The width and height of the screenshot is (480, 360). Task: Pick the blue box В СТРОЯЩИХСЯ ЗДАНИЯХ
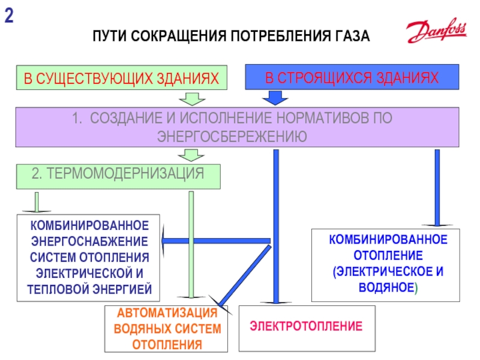(352, 78)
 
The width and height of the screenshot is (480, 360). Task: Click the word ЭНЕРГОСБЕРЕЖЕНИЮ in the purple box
(232, 136)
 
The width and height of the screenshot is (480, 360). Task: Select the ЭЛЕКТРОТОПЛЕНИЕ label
(306, 327)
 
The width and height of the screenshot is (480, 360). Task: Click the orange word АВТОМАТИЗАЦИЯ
(166, 314)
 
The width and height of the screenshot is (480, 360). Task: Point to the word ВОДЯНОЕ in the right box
(386, 287)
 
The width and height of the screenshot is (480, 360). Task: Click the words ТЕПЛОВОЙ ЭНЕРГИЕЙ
(89, 289)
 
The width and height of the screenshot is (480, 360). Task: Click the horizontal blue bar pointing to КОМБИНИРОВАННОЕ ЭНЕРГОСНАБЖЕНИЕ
(216, 241)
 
